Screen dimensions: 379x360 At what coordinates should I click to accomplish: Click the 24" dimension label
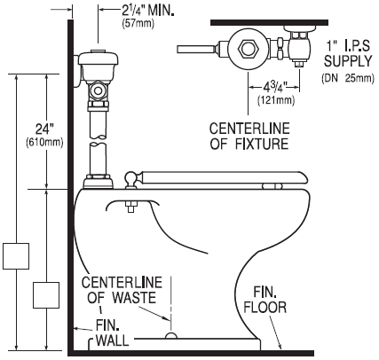pyautogui.click(x=44, y=129)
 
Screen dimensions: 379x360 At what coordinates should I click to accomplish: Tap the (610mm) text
pyautogui.click(x=44, y=143)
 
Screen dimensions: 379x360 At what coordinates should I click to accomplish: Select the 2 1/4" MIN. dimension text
pyautogui.click(x=148, y=11)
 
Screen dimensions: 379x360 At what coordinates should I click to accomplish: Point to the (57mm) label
pyautogui.click(x=138, y=24)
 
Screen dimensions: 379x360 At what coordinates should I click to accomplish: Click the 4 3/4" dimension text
pyautogui.click(x=274, y=88)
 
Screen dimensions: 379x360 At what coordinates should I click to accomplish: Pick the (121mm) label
pyautogui.click(x=276, y=100)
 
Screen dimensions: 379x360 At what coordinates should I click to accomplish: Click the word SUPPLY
pyautogui.click(x=348, y=61)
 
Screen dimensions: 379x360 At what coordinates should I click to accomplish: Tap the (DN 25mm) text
pyautogui.click(x=348, y=79)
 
